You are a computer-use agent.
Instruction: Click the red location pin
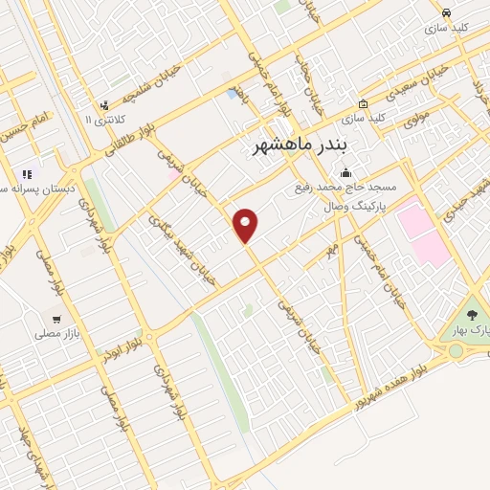tap(247, 224)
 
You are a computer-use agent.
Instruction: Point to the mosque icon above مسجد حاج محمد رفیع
tap(344, 172)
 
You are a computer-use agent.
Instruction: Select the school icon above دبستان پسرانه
tap(27, 174)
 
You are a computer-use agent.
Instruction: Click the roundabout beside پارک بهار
tap(456, 351)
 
